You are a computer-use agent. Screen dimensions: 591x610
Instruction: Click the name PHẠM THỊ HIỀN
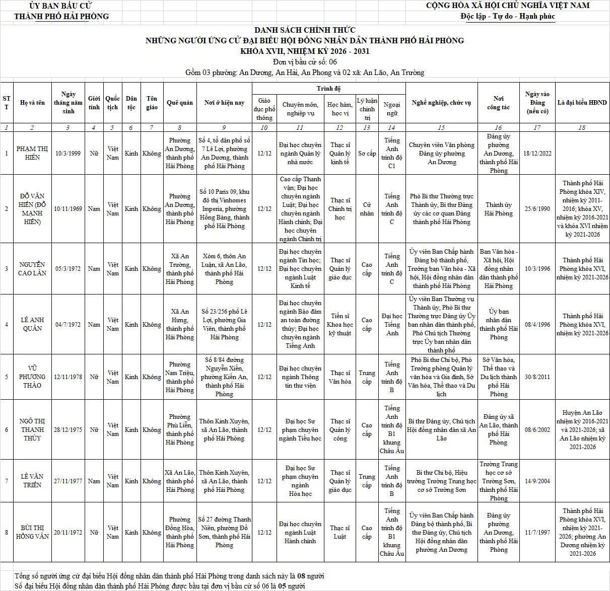32,153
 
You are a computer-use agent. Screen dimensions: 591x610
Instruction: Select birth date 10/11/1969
68,209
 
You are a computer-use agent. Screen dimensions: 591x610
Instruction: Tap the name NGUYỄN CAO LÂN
32,269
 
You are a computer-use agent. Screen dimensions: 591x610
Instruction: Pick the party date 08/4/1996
537,325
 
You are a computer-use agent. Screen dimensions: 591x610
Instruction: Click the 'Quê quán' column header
179,103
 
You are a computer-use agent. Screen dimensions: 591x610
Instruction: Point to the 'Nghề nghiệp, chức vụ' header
441,103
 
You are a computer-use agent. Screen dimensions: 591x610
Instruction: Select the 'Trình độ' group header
328,89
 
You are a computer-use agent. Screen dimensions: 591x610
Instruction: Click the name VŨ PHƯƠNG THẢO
32,377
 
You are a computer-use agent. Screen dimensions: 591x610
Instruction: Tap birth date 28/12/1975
68,430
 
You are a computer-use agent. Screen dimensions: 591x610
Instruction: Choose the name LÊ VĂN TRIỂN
32,481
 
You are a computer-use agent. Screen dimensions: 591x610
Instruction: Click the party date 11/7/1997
537,532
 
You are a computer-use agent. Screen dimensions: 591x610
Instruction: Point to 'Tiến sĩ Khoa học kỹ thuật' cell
340,325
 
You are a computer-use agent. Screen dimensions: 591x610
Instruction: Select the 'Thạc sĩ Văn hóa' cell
340,377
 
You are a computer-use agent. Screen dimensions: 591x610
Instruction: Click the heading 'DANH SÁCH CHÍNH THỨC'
305,30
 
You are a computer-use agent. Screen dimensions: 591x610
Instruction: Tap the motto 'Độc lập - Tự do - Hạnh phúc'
507,16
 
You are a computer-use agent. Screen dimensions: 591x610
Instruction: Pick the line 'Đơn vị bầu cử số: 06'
305,62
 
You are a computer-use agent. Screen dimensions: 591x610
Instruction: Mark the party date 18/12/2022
537,153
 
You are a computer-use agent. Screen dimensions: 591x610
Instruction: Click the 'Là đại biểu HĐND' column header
582,103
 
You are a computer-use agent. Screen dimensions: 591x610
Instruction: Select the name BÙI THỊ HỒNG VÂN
32,532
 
